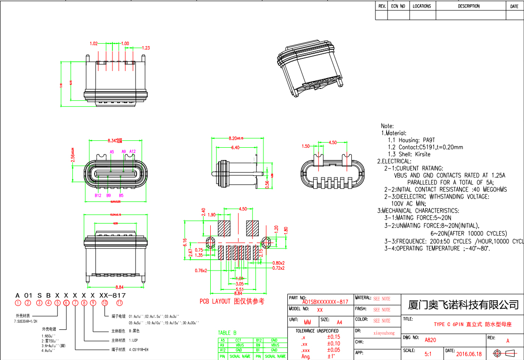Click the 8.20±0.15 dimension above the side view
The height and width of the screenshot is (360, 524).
pyautogui.click(x=236, y=138)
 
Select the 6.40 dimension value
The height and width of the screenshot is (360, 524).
pyautogui.click(x=235, y=148)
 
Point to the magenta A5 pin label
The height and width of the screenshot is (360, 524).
pyautogui.click(x=111, y=152)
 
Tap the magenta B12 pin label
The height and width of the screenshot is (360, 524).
pyautogui.click(x=98, y=195)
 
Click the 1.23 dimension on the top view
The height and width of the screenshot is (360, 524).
pyautogui.click(x=145, y=48)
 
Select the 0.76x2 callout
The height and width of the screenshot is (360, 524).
pyautogui.click(x=201, y=271)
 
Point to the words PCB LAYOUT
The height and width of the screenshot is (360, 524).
pyautogui.click(x=215, y=301)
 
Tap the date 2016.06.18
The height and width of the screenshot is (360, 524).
pyautogui.click(x=468, y=354)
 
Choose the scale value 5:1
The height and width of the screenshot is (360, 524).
pyautogui.click(x=429, y=354)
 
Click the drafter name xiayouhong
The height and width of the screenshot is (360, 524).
pyautogui.click(x=384, y=333)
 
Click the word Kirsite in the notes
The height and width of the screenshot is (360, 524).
pyautogui.click(x=422, y=154)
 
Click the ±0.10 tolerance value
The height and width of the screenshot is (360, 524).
pyautogui.click(x=333, y=344)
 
